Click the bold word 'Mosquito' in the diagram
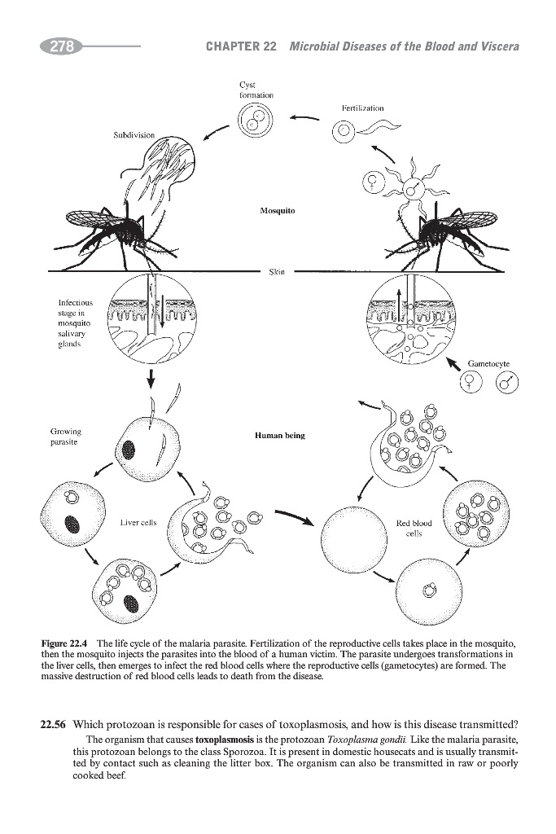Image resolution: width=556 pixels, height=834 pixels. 277,210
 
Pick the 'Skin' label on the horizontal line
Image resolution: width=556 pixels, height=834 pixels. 277,271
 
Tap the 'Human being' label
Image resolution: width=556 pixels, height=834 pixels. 278,436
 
